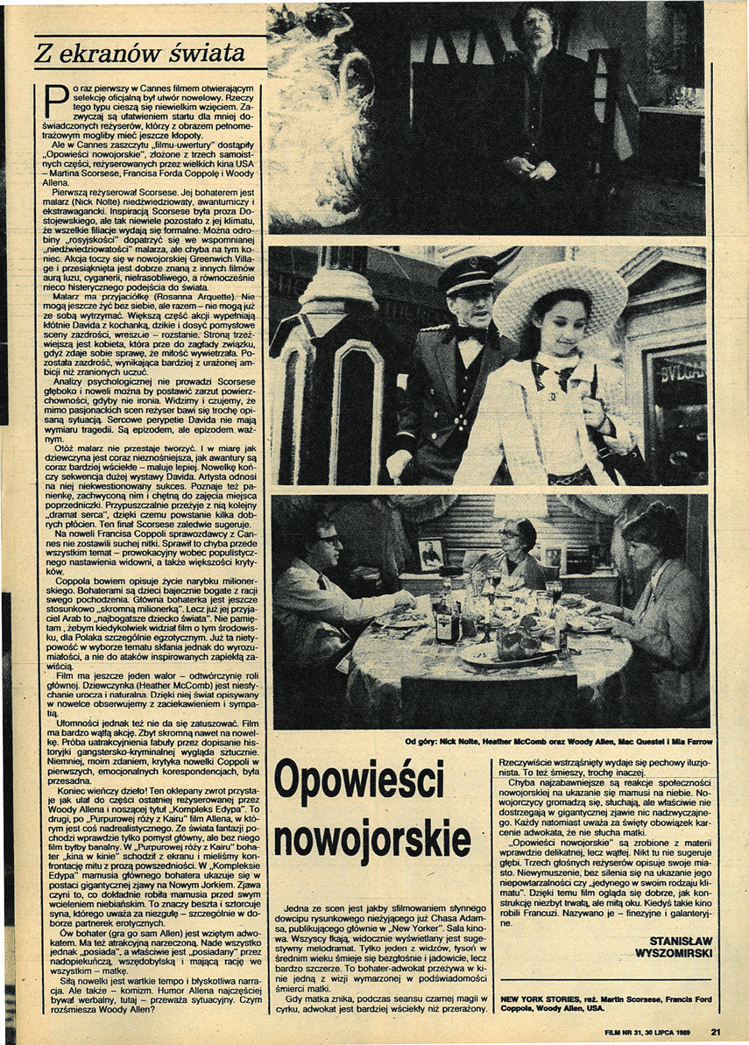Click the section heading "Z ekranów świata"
pos(139,54)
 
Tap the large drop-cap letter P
pos(57,103)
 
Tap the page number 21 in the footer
pos(716,1032)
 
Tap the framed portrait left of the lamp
pos(430,554)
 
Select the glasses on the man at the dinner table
pos(329,540)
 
